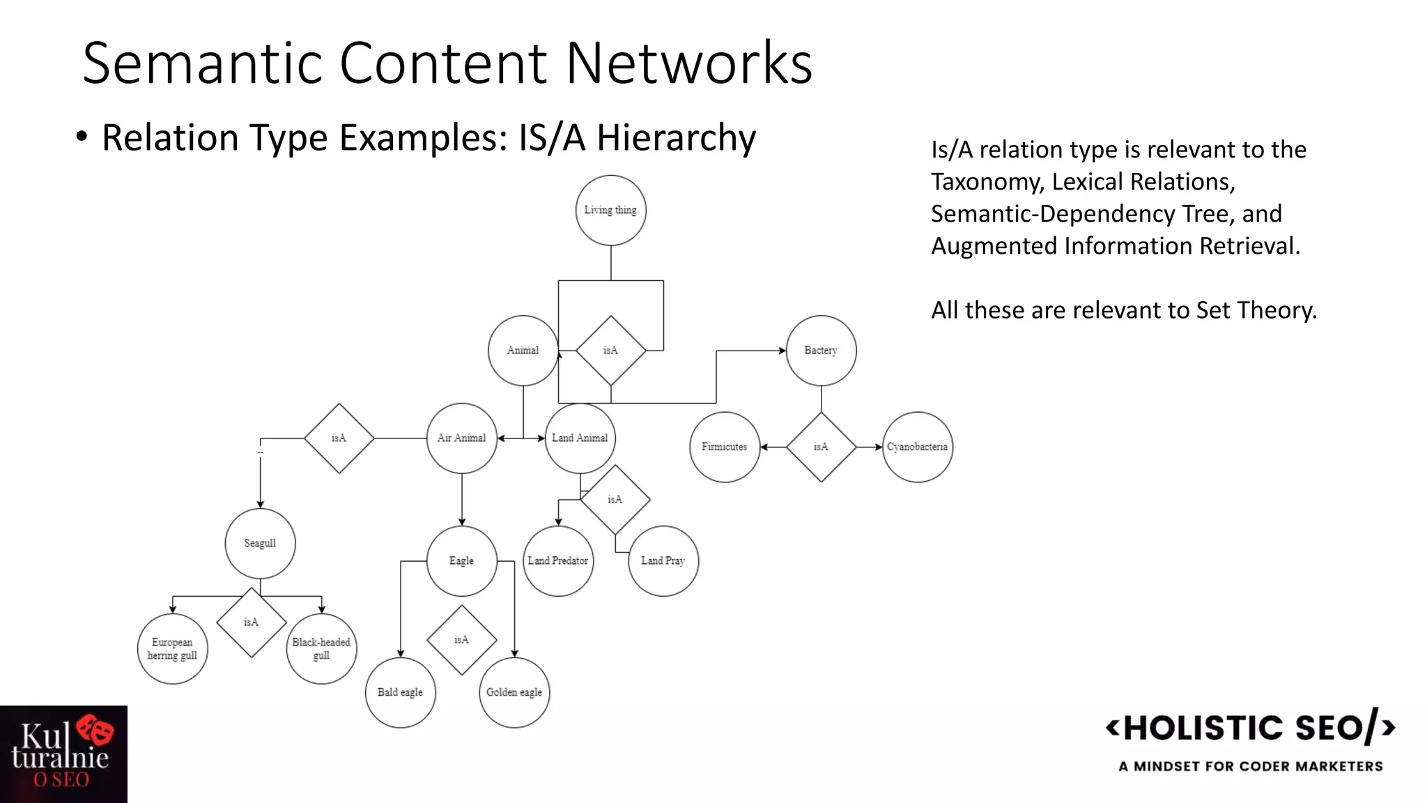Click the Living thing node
[x=610, y=211]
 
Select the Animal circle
[x=523, y=351]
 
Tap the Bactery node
[x=821, y=351]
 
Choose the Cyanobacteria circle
[x=917, y=447]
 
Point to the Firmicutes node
[x=724, y=447]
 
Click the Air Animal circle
[x=461, y=438]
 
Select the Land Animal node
[x=580, y=438]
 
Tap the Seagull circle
[x=260, y=543]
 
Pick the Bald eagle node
[x=400, y=692]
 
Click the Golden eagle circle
[x=514, y=692]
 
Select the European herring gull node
[x=172, y=649]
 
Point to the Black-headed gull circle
[x=321, y=649]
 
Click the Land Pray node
[x=663, y=561]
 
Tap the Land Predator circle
[x=557, y=561]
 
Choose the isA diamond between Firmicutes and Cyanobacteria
[x=821, y=447]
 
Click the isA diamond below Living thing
[x=610, y=351]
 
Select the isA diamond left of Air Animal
[x=339, y=438]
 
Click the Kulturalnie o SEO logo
[x=63, y=754]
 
